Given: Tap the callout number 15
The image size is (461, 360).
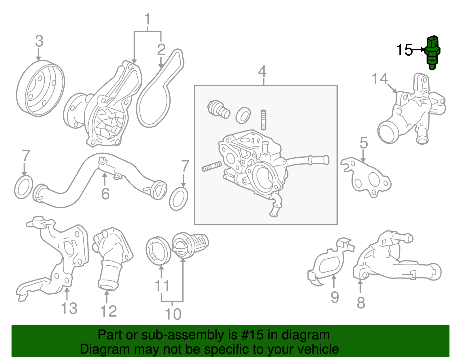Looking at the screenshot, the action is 404,50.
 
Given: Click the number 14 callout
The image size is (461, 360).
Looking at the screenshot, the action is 380,78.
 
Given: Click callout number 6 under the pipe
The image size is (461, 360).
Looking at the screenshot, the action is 105,193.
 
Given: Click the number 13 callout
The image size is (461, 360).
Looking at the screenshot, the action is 69,308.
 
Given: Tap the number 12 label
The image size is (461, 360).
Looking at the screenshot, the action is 108,311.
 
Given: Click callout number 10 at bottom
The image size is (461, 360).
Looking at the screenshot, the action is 173,314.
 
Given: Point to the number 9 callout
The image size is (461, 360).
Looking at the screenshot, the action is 335,297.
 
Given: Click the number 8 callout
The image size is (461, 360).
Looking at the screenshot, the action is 361,303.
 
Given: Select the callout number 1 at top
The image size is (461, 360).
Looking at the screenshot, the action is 148,19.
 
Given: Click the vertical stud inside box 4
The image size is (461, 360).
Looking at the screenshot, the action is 263,120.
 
